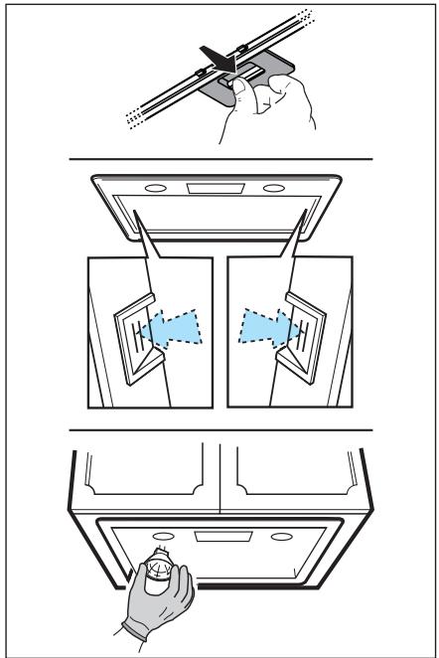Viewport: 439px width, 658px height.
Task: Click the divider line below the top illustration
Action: pos(219,159)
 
